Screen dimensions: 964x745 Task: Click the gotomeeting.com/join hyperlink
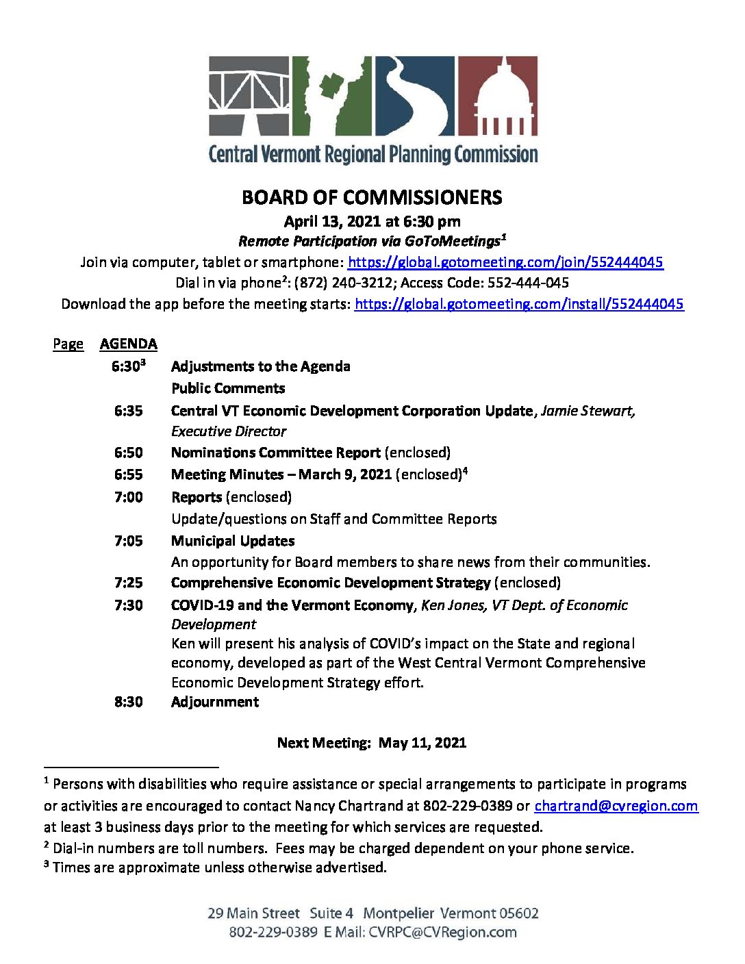(505, 262)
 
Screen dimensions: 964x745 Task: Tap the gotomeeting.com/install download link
(518, 304)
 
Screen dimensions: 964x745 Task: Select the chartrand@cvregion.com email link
(616, 806)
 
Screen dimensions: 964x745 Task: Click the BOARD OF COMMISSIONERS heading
(372, 198)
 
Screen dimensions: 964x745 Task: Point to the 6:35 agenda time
(129, 411)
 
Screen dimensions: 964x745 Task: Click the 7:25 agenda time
(129, 583)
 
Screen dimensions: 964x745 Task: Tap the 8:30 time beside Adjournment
(129, 702)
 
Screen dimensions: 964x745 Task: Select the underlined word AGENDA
(128, 344)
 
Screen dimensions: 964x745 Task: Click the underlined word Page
(68, 344)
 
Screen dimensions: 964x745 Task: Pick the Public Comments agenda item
(228, 388)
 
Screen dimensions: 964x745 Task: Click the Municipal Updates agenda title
(233, 541)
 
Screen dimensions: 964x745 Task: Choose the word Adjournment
(215, 702)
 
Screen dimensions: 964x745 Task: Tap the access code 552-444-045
(528, 283)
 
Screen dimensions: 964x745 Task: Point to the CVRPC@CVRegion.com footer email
(442, 933)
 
